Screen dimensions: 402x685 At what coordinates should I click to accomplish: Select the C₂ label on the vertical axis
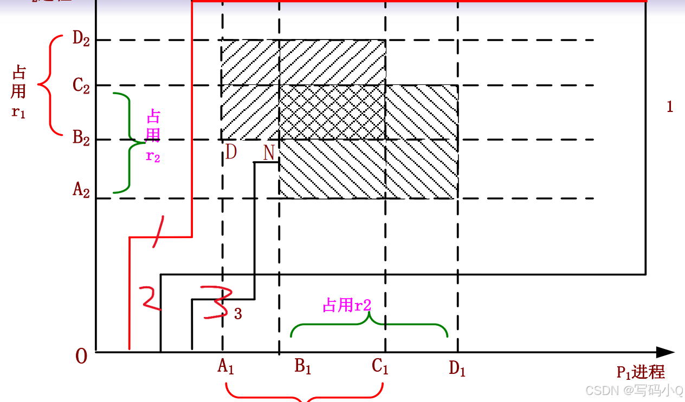click(x=81, y=86)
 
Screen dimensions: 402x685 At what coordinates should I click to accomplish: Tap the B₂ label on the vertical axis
click(x=81, y=137)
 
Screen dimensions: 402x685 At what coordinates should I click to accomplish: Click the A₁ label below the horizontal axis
click(x=225, y=367)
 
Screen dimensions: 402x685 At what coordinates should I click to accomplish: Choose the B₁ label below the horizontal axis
click(x=303, y=367)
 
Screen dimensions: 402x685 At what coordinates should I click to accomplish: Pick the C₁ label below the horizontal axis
click(x=380, y=367)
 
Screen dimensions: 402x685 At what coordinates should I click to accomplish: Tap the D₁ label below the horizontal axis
click(x=457, y=369)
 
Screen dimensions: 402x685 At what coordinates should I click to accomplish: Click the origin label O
click(x=81, y=358)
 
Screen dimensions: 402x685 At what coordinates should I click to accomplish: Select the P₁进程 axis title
click(x=641, y=372)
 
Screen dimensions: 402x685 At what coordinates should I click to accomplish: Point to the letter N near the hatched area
click(x=269, y=153)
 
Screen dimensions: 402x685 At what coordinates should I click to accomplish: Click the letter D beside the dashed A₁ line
click(x=231, y=153)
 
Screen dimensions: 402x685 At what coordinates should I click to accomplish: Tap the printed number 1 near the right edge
click(x=670, y=107)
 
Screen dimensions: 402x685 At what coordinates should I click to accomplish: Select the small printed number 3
click(x=238, y=314)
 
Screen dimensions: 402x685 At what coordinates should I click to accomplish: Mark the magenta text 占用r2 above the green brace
click(x=347, y=306)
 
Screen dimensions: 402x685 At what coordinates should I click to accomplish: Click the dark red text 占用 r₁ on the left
click(x=19, y=92)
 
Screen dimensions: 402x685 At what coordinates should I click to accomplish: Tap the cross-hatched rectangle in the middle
click(x=332, y=112)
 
